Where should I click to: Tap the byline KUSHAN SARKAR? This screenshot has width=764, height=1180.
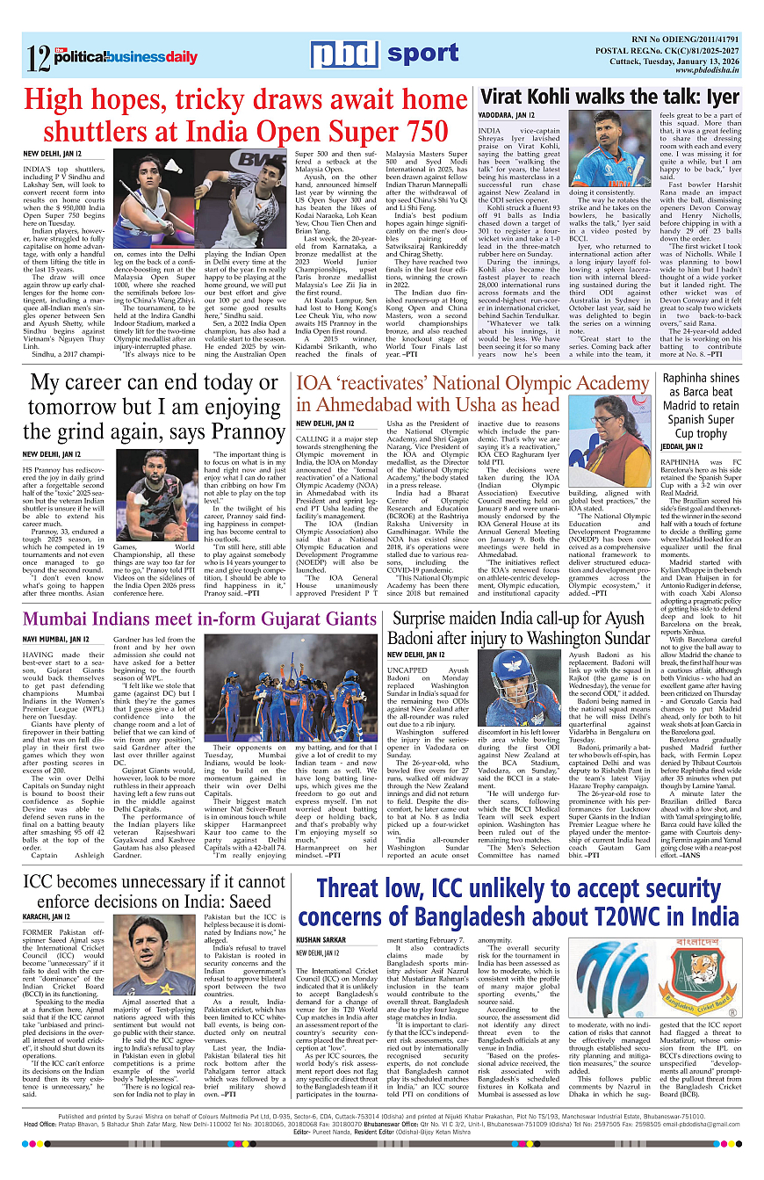(x=321, y=938)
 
